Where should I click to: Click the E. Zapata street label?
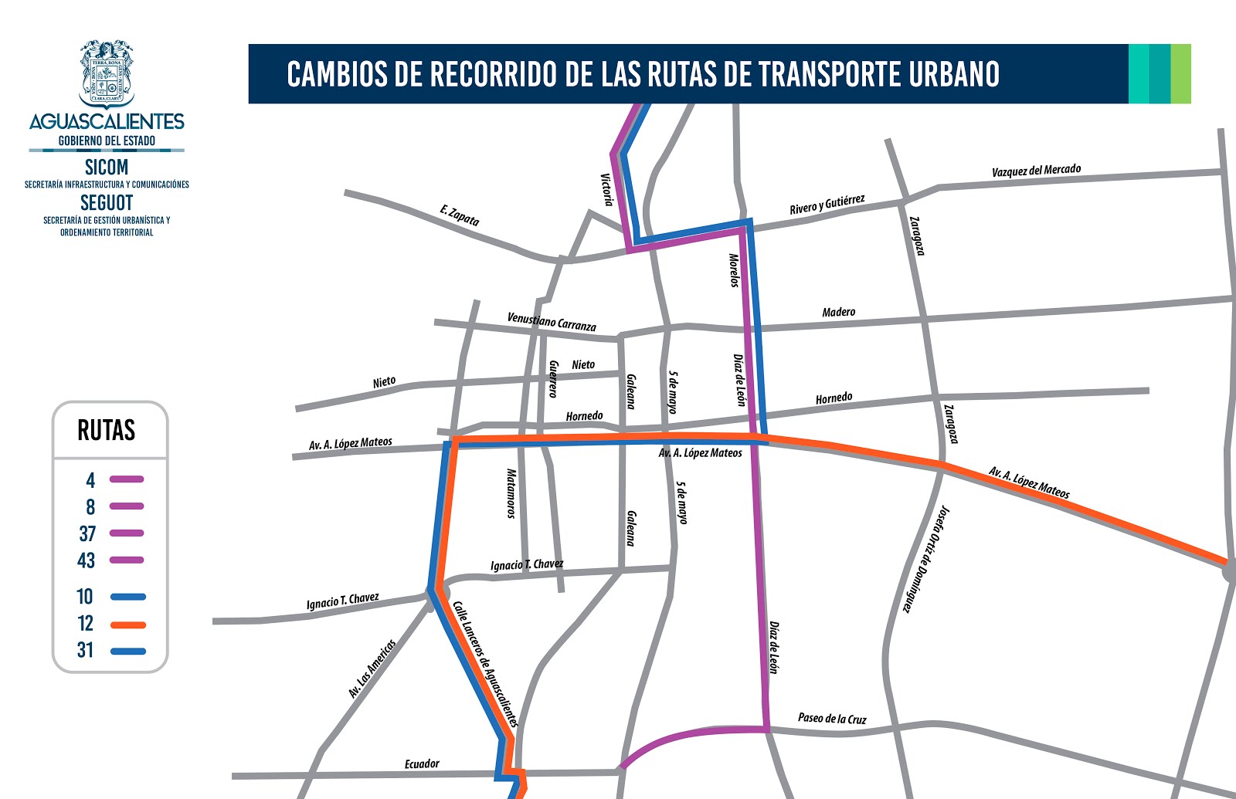click(460, 215)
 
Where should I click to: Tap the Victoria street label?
click(607, 190)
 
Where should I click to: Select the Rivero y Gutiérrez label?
click(827, 205)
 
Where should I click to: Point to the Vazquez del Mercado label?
click(1036, 170)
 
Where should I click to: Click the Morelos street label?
click(734, 270)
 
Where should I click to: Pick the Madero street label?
click(838, 312)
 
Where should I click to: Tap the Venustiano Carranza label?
click(552, 322)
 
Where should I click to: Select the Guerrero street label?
click(553, 379)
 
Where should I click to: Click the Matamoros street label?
click(511, 493)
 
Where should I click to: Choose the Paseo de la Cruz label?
click(832, 719)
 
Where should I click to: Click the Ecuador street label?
click(422, 763)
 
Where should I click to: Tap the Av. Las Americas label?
click(372, 669)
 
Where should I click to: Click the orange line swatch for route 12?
click(127, 624)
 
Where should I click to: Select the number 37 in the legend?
click(87, 533)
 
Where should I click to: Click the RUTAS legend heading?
click(107, 430)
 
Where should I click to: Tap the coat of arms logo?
click(107, 73)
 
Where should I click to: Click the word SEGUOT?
click(107, 202)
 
